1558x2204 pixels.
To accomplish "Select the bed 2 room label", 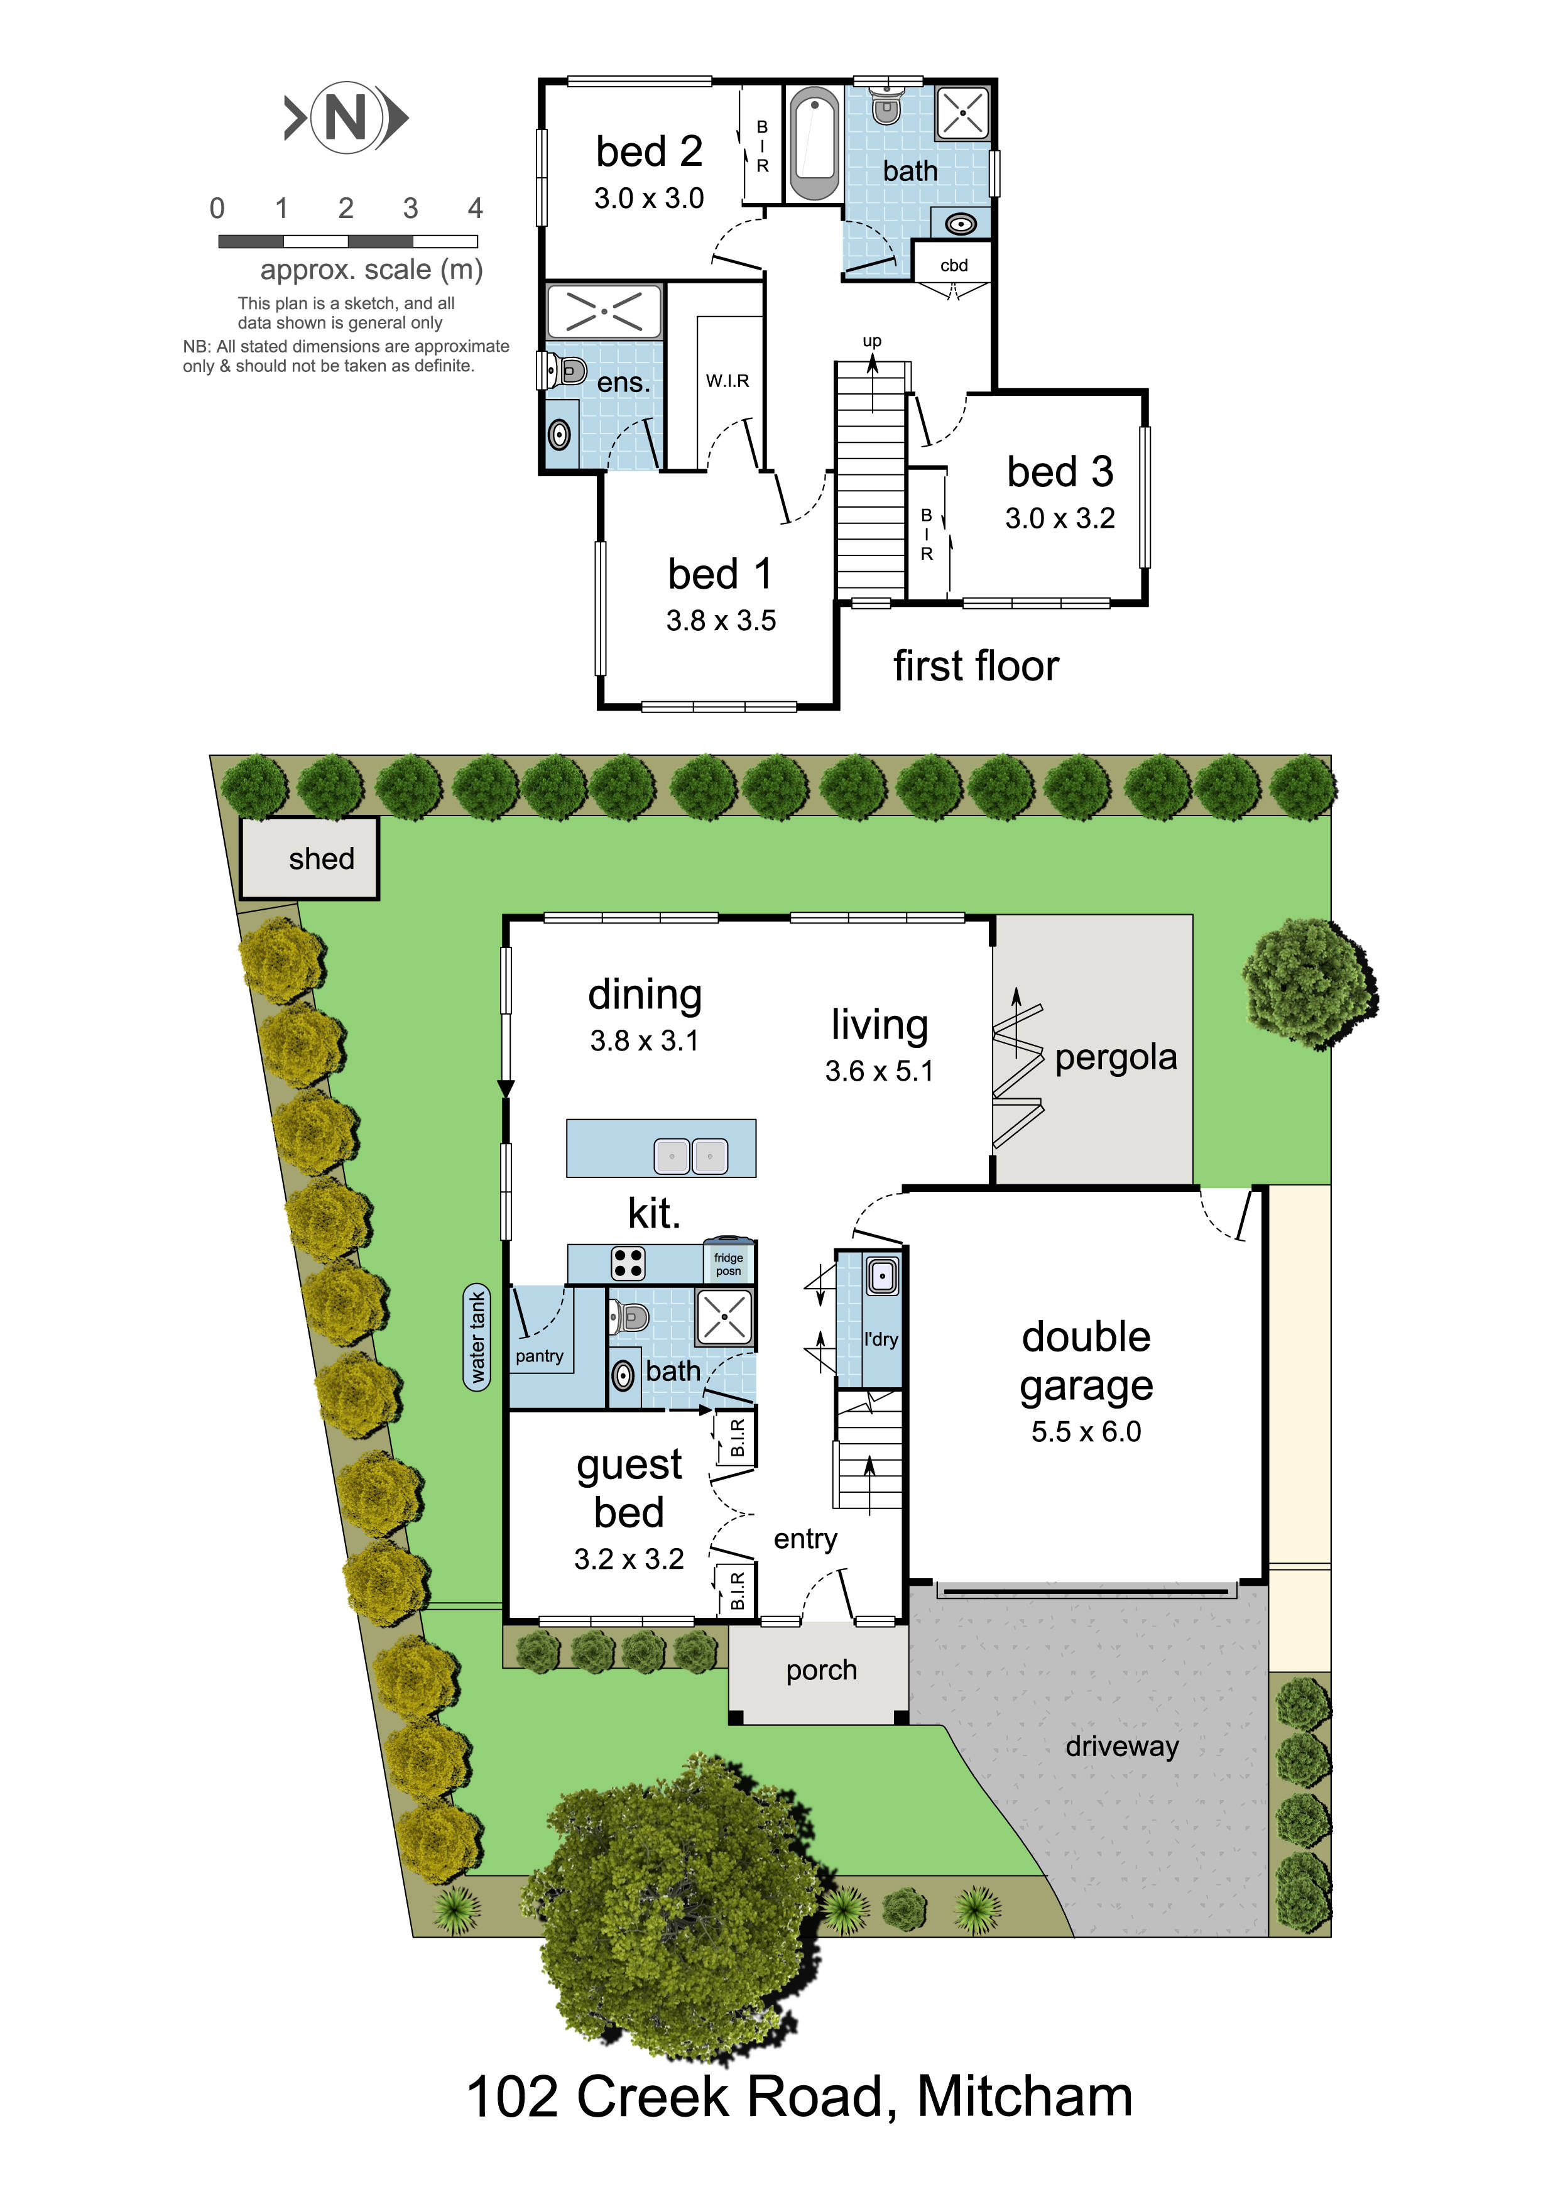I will [649, 151].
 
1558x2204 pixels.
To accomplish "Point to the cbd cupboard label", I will [953, 265].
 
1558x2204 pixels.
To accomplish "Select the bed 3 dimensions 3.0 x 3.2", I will [1060, 518].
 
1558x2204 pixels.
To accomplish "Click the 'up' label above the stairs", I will [871, 341].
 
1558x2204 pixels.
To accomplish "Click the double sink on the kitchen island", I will [691, 1156].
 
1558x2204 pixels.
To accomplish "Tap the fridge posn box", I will [729, 1264].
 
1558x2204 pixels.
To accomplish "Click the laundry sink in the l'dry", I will [882, 1277].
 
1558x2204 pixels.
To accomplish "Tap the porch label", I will [820, 1671].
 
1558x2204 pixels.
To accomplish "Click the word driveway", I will [1121, 1746].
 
